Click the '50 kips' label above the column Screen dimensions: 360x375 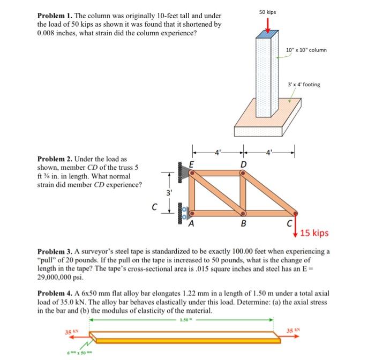click(268, 11)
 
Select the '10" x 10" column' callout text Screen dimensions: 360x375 click(306, 50)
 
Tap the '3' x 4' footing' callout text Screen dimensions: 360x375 click(304, 85)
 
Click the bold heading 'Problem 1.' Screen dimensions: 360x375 click(55, 17)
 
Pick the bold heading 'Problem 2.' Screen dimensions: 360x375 click(55, 160)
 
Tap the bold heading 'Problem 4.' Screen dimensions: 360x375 click(55, 294)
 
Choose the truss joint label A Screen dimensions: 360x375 click(191, 224)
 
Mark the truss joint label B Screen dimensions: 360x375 click(245, 225)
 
